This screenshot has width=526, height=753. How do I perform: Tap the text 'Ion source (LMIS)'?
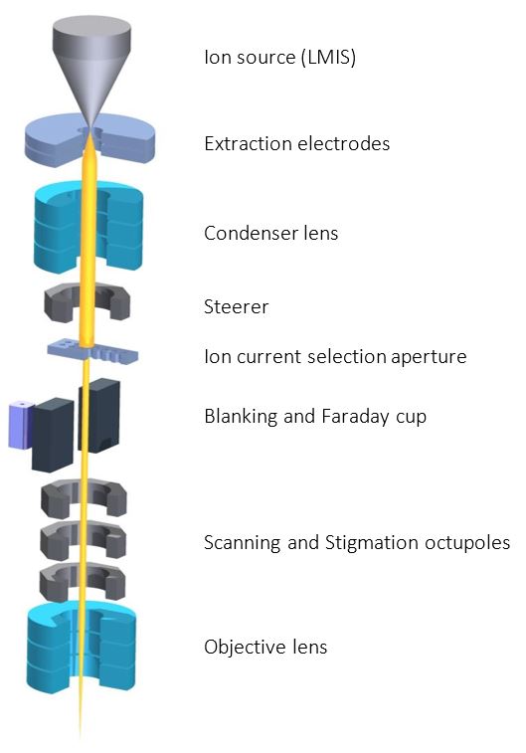[x=279, y=57]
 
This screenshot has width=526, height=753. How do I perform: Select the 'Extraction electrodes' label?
[x=296, y=143]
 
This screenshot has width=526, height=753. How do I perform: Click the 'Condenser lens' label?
[x=270, y=234]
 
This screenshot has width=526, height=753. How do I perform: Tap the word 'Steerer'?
[x=236, y=306]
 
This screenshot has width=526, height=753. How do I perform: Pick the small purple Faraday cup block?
[x=20, y=424]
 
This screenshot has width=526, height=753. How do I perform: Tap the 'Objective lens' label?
[x=265, y=648]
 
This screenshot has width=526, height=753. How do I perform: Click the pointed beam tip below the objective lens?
[x=81, y=737]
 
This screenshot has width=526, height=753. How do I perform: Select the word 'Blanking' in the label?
[x=241, y=417]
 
